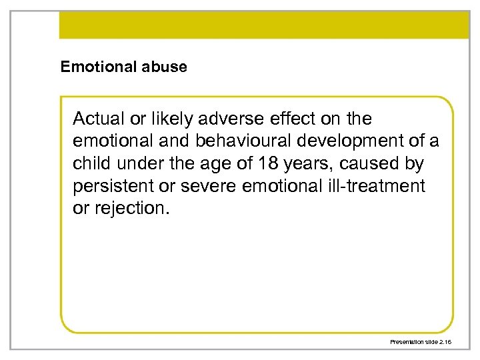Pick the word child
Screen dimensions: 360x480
click(92, 163)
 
